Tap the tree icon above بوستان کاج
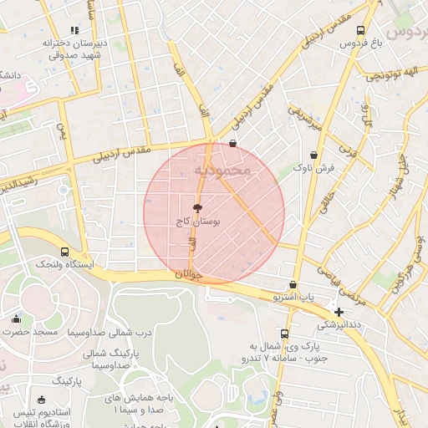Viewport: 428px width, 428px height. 197,208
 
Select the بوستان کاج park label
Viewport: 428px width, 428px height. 198,222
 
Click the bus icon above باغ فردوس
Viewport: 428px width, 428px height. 360,30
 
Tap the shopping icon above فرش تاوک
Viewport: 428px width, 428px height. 313,155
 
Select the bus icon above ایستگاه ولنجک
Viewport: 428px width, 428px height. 65,251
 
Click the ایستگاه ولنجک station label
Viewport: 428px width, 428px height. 65,264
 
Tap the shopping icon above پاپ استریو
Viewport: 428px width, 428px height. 293,284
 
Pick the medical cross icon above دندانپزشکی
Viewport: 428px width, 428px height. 339,312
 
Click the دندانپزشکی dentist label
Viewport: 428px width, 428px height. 339,324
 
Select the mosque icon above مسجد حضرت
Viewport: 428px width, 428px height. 16,318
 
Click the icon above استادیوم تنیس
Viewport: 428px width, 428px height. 42,400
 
